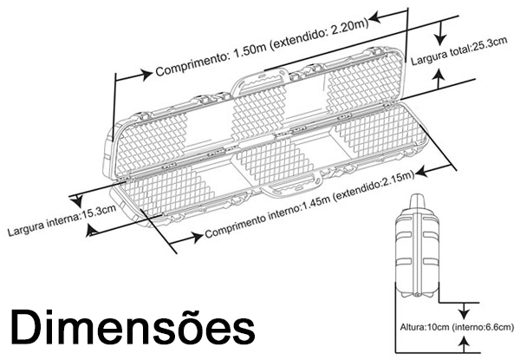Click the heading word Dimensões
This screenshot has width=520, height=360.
point(133,327)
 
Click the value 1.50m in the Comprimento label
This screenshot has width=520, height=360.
point(250,50)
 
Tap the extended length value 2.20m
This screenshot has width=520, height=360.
point(349,29)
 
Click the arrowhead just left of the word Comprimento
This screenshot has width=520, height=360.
point(146,75)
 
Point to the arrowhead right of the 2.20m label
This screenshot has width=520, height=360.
point(374,17)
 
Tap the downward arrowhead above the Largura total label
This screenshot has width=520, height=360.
point(440,39)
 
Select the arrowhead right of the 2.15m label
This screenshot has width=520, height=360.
point(422,172)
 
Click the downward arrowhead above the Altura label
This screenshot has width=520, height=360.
point(465,313)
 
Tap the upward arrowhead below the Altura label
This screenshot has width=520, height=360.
point(465,342)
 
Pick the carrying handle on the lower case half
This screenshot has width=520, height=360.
point(291,187)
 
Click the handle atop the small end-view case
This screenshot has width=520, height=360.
point(418,202)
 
